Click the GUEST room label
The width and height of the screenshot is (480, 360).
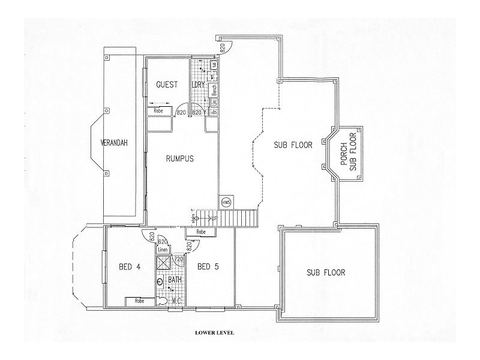pyautogui.click(x=167, y=85)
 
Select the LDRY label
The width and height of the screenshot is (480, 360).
pyautogui.click(x=198, y=85)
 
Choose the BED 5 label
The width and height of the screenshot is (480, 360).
pyautogui.click(x=208, y=266)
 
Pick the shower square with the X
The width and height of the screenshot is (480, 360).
pyautogui.click(x=164, y=262)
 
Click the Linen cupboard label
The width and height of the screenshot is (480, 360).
pyautogui.click(x=163, y=249)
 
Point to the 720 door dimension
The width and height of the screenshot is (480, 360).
pyautogui.click(x=178, y=259)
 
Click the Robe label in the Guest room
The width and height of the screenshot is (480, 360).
pyautogui.click(x=159, y=111)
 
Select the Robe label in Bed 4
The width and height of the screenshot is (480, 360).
pyautogui.click(x=139, y=301)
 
